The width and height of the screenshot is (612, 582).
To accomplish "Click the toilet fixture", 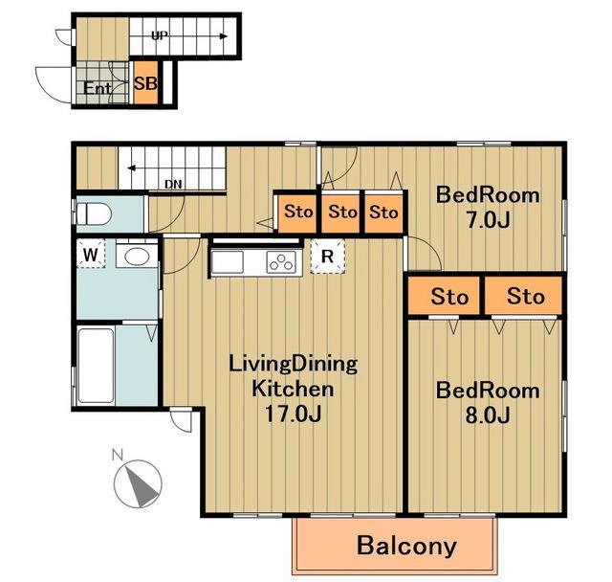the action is coord(94,214).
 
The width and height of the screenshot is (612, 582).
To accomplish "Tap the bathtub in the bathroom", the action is coord(96,366).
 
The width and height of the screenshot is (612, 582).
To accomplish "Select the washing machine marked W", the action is coord(91,253).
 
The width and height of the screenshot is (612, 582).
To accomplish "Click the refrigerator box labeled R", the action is coord(327,256).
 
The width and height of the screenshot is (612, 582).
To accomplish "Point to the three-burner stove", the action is coord(281,261).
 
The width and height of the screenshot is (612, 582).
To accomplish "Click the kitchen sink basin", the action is coord(228,261).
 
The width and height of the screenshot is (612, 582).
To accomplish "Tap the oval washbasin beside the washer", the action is coord(136,257).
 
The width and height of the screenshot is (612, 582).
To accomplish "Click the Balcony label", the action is coord(406,546).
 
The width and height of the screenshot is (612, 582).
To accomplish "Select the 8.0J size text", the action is coord(488,415).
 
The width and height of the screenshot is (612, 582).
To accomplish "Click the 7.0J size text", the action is coord(488,220).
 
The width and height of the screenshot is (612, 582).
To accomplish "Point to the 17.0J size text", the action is coord(293,414).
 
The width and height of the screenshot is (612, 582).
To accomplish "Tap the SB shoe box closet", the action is coord(146,83).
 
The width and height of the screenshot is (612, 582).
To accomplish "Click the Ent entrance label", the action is coord(98,88).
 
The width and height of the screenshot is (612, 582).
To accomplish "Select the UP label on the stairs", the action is coord(160,36).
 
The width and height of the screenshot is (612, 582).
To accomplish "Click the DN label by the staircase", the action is coord(173,184).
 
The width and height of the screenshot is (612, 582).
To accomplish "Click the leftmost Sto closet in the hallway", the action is coord(297,212).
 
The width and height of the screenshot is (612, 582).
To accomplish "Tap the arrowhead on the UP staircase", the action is coord(224,36).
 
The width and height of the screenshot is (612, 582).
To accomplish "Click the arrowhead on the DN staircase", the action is coord(132,168).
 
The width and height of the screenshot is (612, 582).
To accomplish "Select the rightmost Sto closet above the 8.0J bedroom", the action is coord(523,296).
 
